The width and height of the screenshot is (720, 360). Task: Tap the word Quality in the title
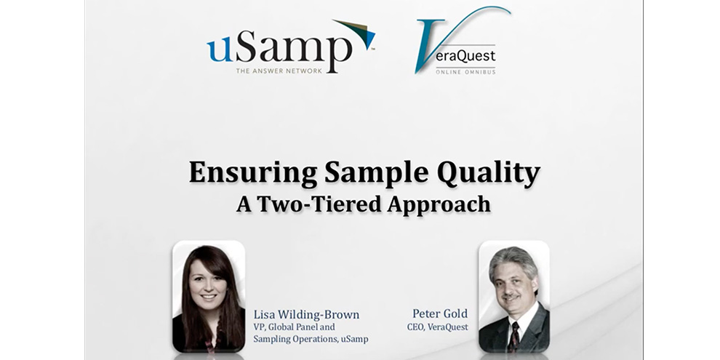coord(489,174)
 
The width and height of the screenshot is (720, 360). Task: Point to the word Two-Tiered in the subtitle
coord(319,204)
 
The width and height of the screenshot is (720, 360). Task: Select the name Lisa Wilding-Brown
coord(306,315)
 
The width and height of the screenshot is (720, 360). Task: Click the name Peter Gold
coord(440,313)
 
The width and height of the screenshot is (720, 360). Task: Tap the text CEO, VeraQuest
coord(438,327)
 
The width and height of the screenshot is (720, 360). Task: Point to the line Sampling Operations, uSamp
coord(311,340)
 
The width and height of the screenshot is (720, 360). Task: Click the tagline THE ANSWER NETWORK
coord(279,71)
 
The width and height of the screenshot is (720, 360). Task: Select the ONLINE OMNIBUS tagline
coord(465,71)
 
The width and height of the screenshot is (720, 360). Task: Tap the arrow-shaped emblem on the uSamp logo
coord(356,33)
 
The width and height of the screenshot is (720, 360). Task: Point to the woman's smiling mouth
coord(209,297)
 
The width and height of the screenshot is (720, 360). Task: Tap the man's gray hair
coord(513,260)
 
